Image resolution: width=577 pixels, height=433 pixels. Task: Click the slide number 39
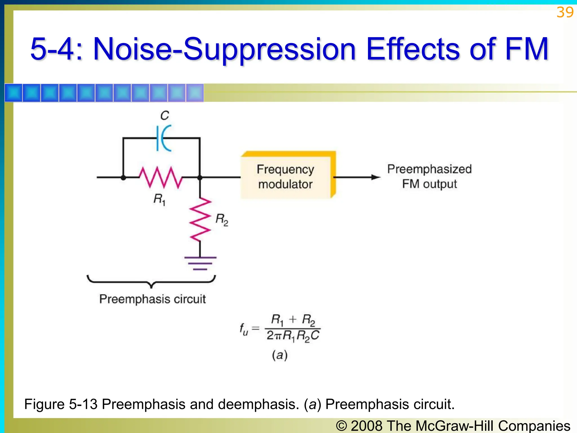[x=565, y=12]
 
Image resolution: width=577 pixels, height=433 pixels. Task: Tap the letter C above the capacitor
[x=165, y=116]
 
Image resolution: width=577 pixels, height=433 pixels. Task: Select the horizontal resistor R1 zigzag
[x=161, y=177]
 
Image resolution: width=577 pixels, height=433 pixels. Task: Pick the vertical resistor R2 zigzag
[x=200, y=220]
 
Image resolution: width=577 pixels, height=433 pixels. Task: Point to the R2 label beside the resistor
[x=222, y=220]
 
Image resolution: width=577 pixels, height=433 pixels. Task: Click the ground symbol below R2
[x=200, y=263]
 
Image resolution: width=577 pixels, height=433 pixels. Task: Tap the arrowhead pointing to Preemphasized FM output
[x=376, y=177]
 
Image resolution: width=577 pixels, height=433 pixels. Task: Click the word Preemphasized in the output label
[x=429, y=169]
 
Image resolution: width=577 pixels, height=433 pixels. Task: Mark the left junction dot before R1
[x=123, y=178]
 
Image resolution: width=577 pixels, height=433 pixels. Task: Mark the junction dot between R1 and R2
[x=200, y=178]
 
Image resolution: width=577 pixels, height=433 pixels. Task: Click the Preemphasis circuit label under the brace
[x=152, y=299]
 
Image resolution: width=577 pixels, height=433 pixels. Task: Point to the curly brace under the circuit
[x=151, y=282]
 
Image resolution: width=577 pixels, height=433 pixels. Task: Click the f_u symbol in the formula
[x=244, y=329]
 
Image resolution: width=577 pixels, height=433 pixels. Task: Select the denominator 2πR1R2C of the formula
[x=293, y=336]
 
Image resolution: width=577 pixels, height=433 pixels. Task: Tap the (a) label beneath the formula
[x=279, y=355]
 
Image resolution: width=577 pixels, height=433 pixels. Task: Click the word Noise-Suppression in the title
[x=225, y=49]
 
